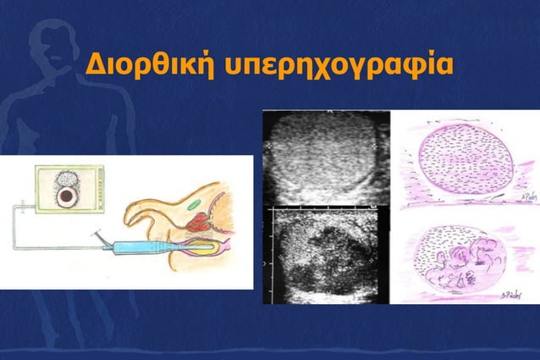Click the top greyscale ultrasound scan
325,158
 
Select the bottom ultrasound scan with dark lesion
325,254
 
